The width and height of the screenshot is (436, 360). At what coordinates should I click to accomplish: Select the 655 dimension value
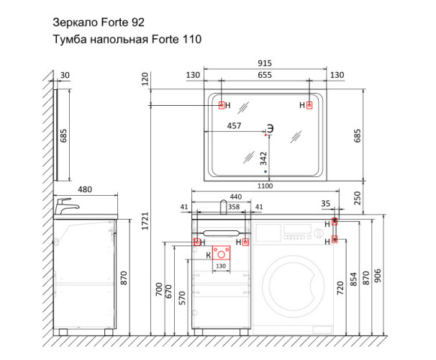(265, 76)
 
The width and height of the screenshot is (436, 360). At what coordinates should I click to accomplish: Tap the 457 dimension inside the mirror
(234, 126)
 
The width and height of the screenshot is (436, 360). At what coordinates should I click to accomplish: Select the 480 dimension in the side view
(85, 189)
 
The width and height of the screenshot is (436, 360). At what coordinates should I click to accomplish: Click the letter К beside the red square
(209, 254)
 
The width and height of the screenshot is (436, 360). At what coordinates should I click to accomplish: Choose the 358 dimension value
(235, 207)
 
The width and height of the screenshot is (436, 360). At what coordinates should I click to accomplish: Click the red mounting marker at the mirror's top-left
(222, 105)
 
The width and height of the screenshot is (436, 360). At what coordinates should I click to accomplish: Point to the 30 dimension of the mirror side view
(65, 75)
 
